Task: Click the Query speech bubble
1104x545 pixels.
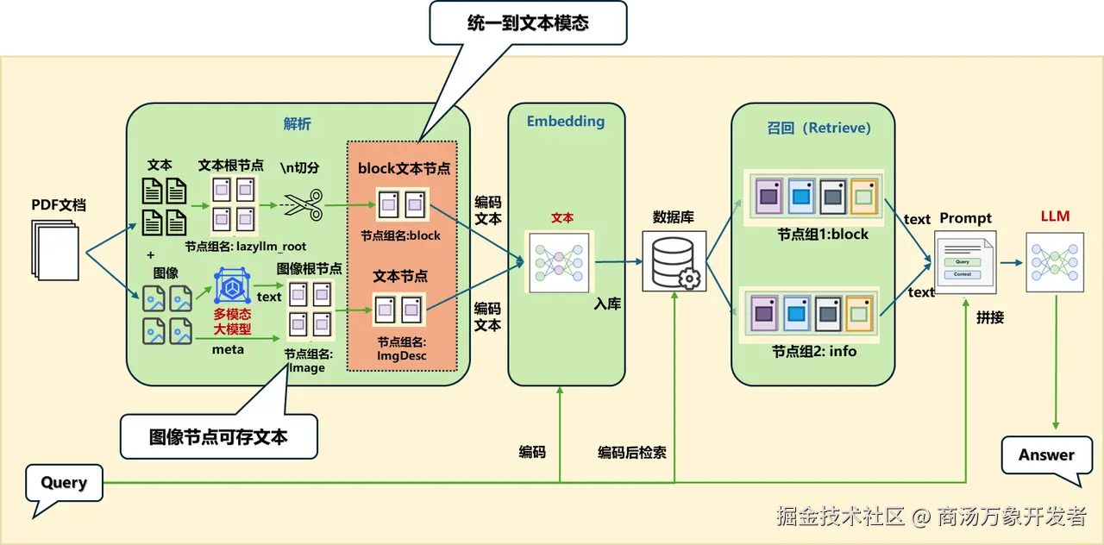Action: [64, 483]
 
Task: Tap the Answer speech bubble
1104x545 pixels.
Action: [1046, 455]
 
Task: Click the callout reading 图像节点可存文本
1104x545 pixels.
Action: [218, 436]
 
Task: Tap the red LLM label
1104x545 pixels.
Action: [1055, 216]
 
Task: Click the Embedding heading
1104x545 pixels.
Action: [566, 121]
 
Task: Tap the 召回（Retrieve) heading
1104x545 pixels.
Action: [819, 128]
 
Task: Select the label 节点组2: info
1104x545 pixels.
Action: [814, 351]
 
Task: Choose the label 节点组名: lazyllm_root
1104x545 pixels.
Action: [245, 246]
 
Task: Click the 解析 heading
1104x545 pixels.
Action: [297, 124]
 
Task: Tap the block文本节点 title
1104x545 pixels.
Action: [404, 168]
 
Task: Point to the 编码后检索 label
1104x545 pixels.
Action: [632, 452]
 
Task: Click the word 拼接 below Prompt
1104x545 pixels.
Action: [990, 317]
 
